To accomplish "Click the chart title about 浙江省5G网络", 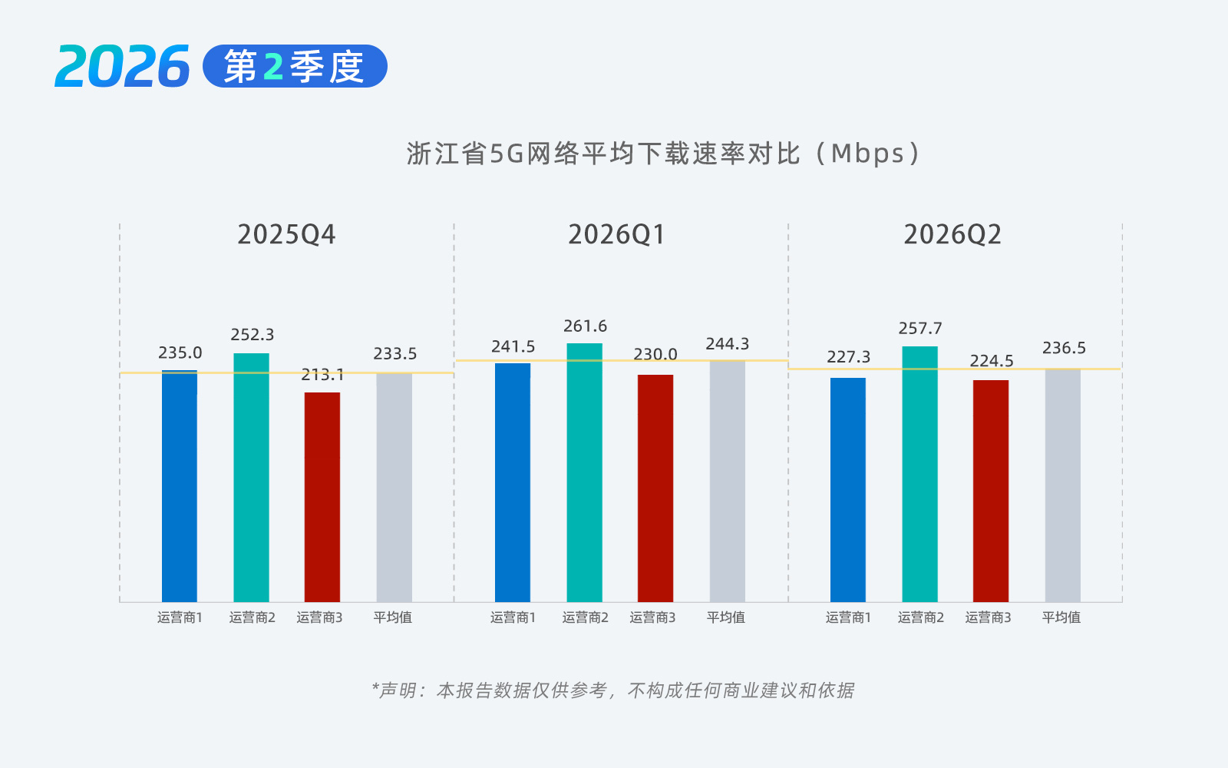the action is [663, 154].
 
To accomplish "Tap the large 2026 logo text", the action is [122, 66].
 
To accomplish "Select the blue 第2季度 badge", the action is [295, 66].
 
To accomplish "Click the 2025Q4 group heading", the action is [286, 235].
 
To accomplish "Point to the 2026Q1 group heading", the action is [617, 235].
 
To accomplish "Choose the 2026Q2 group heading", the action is [952, 235].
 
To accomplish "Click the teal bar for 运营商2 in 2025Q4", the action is [251, 477].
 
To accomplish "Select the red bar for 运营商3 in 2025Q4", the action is [322, 497].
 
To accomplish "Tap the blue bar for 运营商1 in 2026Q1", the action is [513, 483].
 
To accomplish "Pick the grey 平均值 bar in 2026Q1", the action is [728, 481].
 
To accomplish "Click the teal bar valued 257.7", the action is [920, 474].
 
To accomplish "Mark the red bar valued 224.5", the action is [991, 491].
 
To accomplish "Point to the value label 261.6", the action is [585, 326].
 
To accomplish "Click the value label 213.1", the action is [322, 376].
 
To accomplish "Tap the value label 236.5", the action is [1064, 348].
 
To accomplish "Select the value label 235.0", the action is [180, 353].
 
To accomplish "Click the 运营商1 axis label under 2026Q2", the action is [848, 617].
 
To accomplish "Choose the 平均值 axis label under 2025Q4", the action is [392, 617].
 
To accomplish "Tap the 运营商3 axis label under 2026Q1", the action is [652, 617].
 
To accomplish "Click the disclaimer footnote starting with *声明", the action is [613, 690].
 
